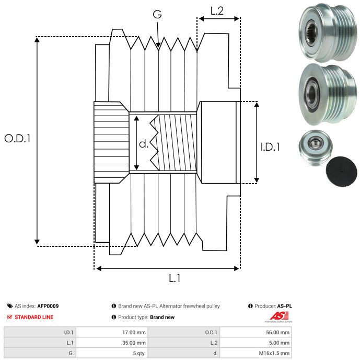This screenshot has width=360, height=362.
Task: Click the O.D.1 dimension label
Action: (18, 139)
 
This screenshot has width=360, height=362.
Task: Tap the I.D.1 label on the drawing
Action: (270, 148)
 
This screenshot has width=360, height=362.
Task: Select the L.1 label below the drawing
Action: (175, 279)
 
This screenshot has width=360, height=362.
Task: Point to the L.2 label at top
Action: (217, 10)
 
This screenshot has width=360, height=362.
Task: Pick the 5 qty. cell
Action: (139, 353)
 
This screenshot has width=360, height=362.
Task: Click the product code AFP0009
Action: (48, 306)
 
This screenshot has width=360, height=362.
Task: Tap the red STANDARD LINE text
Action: (33, 317)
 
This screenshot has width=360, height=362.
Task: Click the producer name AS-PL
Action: (285, 306)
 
